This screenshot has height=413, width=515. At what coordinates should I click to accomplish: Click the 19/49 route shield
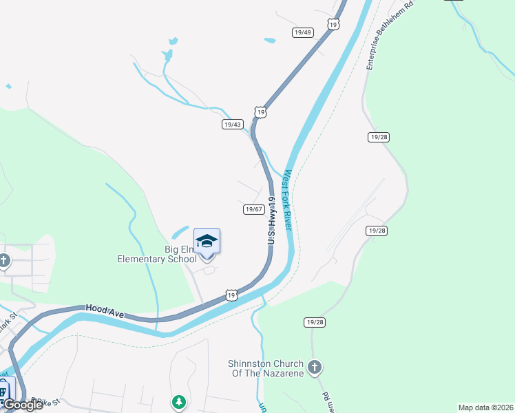click(303, 32)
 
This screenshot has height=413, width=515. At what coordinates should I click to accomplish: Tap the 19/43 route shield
click(233, 125)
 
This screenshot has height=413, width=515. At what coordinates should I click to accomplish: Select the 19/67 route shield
click(253, 209)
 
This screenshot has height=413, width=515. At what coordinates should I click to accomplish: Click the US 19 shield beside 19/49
click(333, 24)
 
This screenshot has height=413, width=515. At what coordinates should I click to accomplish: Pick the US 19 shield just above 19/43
click(259, 112)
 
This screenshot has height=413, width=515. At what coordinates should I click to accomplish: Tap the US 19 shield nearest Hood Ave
click(231, 295)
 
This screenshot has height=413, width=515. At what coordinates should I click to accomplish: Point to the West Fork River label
click(288, 200)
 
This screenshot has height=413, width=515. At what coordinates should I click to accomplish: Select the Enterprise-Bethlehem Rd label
click(390, 34)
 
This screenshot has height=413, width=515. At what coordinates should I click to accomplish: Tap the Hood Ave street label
click(105, 312)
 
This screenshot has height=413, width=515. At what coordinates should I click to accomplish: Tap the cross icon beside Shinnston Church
click(315, 367)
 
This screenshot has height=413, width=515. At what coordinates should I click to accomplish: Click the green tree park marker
click(179, 401)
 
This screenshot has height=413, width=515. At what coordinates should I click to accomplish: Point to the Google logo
click(23, 405)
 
